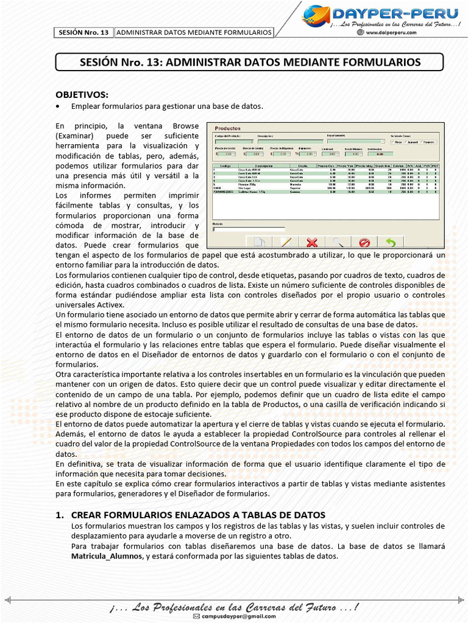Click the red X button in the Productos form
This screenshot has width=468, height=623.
click(312, 242)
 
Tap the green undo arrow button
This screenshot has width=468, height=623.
click(391, 242)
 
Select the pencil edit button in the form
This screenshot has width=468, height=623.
click(286, 242)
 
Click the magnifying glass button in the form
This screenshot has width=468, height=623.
click(338, 242)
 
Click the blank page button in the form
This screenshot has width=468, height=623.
click(260, 242)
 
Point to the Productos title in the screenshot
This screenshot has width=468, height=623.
click(229, 128)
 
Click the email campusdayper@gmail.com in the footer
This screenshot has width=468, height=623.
click(238, 617)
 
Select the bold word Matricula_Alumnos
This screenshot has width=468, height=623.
click(107, 556)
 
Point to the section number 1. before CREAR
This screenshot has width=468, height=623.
click(60, 515)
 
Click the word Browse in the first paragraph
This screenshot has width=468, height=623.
click(185, 126)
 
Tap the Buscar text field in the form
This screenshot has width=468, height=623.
click(249, 229)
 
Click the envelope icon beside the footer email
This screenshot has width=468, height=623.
click(196, 617)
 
